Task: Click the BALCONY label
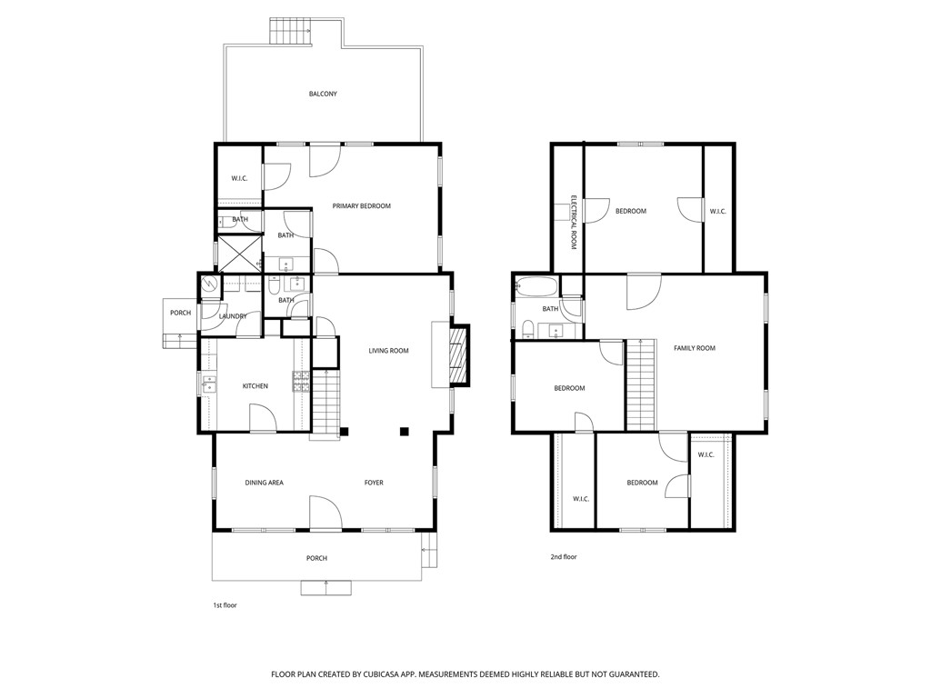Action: click(x=323, y=94)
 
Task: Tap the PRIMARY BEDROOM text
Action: click(x=361, y=206)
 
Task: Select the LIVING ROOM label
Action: click(x=388, y=351)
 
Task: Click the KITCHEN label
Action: click(x=255, y=386)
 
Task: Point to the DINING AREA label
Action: click(x=264, y=483)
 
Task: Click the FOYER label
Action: click(x=374, y=483)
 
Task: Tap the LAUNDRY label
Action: click(x=233, y=316)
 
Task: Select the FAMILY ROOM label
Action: click(x=694, y=348)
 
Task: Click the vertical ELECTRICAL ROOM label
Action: click(x=574, y=222)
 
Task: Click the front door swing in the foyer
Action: click(x=325, y=513)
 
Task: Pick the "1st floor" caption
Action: click(x=225, y=604)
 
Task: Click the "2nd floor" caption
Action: click(x=563, y=556)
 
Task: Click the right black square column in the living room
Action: click(x=405, y=431)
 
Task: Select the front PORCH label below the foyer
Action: click(x=316, y=558)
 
